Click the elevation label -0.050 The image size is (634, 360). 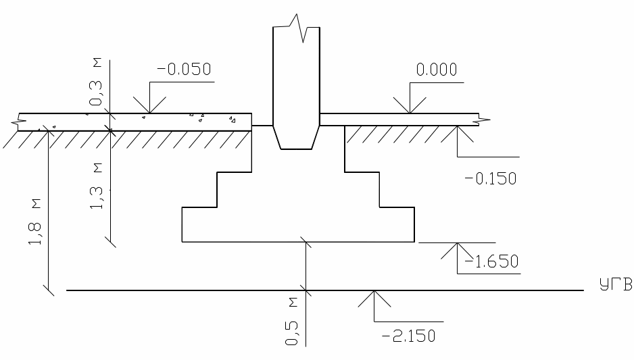[x=184, y=70]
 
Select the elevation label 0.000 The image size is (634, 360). [x=437, y=70]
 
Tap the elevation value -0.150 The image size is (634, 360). [x=491, y=178]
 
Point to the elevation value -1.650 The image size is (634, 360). [x=491, y=262]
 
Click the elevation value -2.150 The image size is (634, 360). [x=409, y=336]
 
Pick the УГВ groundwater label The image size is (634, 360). [x=616, y=285]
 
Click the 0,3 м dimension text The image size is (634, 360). [x=96, y=82]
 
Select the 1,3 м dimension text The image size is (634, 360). [x=96, y=186]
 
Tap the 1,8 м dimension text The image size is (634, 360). [x=34, y=222]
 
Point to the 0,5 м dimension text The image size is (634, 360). [x=292, y=322]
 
